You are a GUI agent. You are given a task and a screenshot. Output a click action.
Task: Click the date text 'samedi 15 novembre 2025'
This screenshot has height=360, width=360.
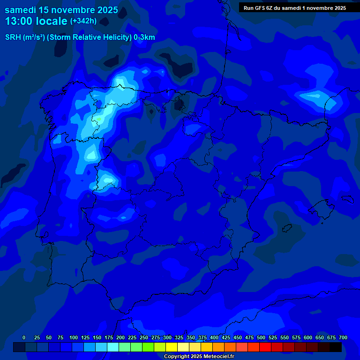(61, 10)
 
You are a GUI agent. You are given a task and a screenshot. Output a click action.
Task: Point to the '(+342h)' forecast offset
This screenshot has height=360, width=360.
(83, 21)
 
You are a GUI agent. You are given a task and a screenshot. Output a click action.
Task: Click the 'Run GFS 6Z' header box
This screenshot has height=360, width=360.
(295, 7)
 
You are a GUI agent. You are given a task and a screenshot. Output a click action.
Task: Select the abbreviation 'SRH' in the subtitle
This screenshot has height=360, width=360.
(13, 37)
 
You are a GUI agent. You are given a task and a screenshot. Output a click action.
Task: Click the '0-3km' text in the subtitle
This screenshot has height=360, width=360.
(144, 37)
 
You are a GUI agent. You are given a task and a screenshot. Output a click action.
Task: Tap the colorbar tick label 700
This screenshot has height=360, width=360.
(343, 337)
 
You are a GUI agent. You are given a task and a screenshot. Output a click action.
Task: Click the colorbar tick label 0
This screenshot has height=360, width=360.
(24, 337)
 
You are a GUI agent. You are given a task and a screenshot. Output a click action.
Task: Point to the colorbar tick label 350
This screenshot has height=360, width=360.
(191, 337)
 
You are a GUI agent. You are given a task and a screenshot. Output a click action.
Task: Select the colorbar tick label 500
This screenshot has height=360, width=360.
(261, 337)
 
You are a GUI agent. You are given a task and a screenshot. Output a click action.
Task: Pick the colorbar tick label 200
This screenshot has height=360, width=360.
(120, 337)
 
